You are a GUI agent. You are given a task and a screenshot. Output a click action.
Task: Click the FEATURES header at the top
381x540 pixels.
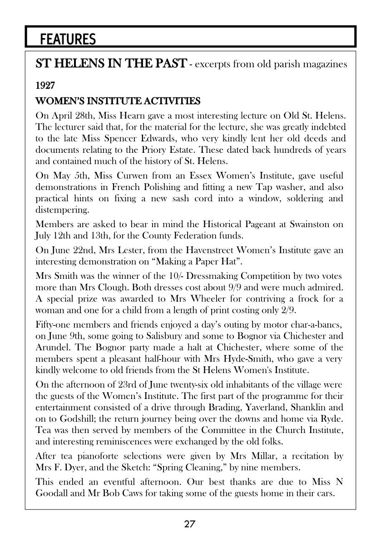(x=68, y=39)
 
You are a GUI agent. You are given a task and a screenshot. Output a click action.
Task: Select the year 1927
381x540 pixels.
(x=45, y=86)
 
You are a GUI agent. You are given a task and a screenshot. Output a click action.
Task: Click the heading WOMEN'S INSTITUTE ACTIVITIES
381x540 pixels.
(x=118, y=100)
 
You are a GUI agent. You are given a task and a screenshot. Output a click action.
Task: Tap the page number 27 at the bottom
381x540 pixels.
(x=190, y=525)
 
